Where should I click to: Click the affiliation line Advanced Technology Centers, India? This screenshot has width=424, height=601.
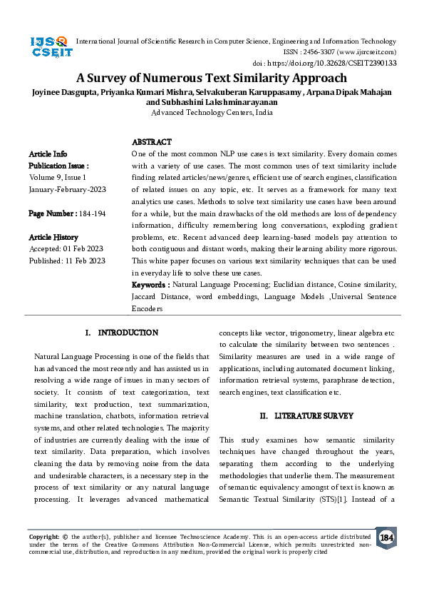click(212, 113)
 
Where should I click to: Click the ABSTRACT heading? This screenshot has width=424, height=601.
click(152, 143)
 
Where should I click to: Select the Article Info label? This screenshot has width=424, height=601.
click(48, 153)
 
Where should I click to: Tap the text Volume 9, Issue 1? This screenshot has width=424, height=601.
click(58, 176)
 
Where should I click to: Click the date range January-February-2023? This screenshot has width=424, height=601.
click(66, 189)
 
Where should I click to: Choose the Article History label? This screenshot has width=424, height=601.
click(53, 237)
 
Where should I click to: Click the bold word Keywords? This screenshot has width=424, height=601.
click(150, 285)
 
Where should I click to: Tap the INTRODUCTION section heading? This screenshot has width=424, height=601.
click(128, 333)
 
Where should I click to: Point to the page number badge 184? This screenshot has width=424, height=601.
click(386, 537)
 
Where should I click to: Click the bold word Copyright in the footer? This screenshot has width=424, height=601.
click(43, 535)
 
